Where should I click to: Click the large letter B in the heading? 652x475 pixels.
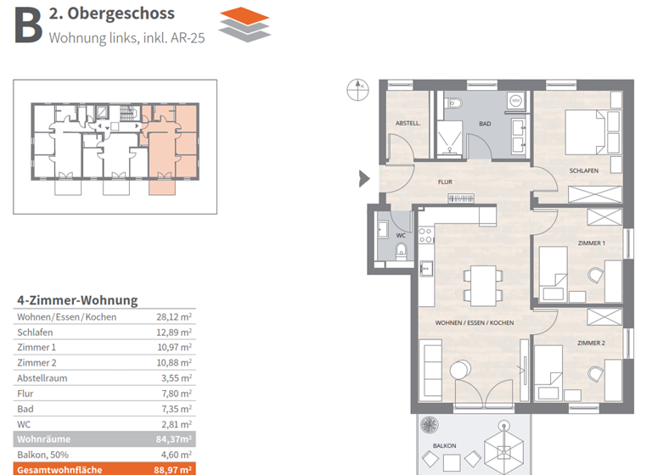(x=27, y=24)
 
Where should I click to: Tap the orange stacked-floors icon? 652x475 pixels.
(x=244, y=23)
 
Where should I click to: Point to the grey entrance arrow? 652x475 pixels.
(x=364, y=178)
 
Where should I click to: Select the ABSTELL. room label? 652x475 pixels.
(x=407, y=124)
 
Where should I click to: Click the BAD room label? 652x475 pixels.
(x=485, y=124)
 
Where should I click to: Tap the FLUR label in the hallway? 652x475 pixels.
(x=444, y=182)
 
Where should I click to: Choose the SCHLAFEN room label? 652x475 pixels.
(x=584, y=170)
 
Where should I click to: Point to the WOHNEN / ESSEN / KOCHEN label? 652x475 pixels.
(x=475, y=323)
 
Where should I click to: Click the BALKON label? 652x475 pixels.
(x=445, y=445)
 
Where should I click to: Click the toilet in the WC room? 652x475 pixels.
(x=402, y=250)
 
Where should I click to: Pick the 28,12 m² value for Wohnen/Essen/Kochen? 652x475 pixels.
(x=174, y=316)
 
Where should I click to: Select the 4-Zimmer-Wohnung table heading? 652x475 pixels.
(x=77, y=300)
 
